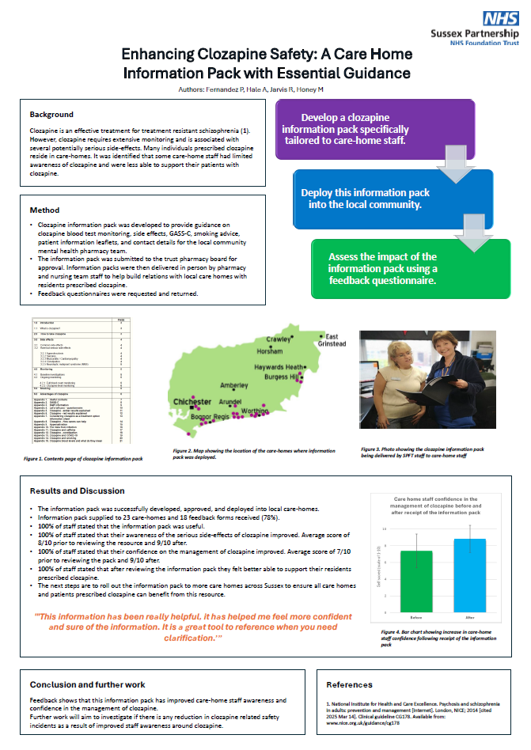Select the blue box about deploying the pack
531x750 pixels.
[x=365, y=198]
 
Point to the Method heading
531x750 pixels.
[x=44, y=210]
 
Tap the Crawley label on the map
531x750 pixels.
[x=278, y=339]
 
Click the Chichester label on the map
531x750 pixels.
[x=192, y=402]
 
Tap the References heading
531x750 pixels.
[x=349, y=684]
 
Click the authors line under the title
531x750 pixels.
[x=267, y=91]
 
